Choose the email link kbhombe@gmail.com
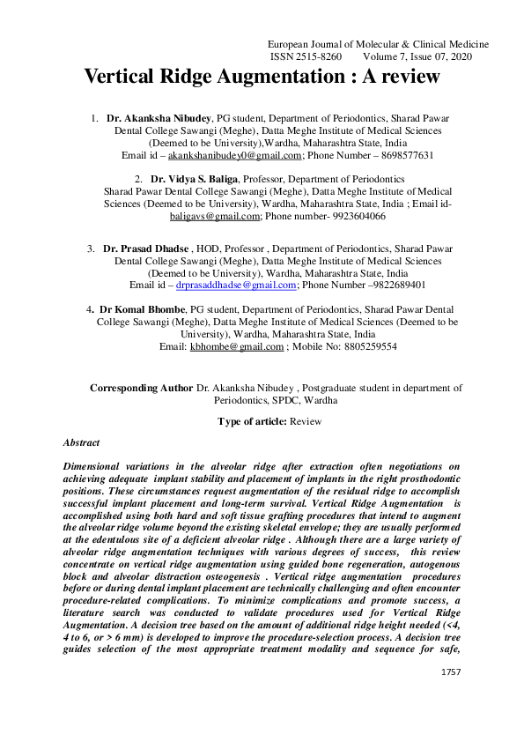point(237,347)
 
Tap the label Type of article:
point(251,421)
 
